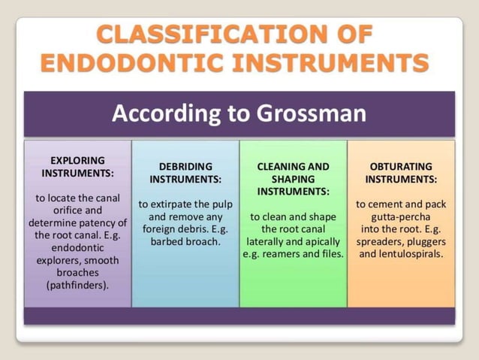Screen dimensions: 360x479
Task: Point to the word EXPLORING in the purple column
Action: [77, 160]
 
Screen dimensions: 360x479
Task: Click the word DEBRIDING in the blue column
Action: [185, 166]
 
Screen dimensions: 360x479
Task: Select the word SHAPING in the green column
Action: [293, 179]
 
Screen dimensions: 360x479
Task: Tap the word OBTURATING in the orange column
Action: [401, 166]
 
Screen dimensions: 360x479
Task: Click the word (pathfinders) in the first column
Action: [77, 286]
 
